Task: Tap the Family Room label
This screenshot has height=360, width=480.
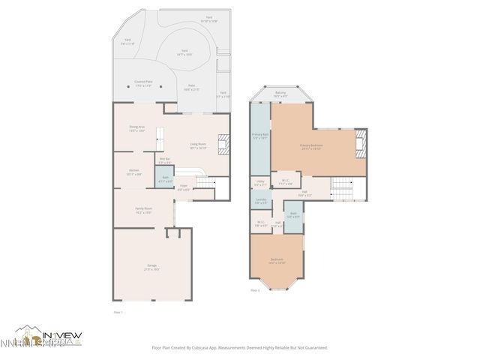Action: (143, 210)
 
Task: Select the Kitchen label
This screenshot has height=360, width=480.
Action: (133, 171)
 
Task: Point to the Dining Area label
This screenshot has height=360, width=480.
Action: (136, 128)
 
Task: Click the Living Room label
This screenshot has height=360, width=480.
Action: (198, 146)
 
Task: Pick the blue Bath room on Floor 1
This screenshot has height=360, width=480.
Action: (164, 178)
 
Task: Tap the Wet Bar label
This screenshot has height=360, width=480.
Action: (165, 160)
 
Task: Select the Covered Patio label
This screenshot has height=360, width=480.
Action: (143, 84)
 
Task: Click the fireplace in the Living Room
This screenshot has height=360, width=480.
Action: (223, 143)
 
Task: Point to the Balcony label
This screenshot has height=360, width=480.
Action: (280, 94)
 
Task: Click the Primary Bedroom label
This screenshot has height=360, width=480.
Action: (310, 146)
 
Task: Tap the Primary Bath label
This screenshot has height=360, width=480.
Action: (259, 136)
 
